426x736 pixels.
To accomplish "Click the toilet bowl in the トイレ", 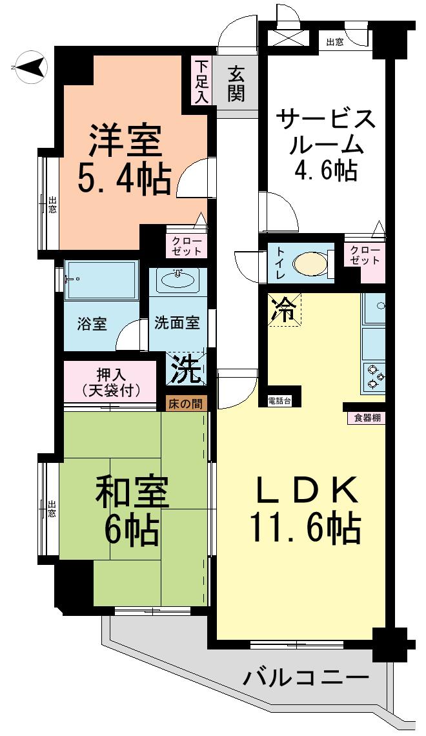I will [309, 264].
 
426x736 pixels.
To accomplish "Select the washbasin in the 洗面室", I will [177, 280].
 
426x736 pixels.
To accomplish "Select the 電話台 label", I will [279, 402].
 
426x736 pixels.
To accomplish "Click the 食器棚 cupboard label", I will [367, 417].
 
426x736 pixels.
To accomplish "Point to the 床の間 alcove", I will [185, 404].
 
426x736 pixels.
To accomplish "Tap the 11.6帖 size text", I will [306, 529].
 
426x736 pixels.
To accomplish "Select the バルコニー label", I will [306, 678].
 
